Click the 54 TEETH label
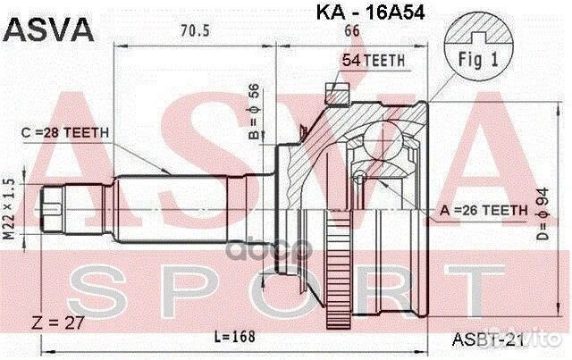pyautogui.click(x=373, y=60)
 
